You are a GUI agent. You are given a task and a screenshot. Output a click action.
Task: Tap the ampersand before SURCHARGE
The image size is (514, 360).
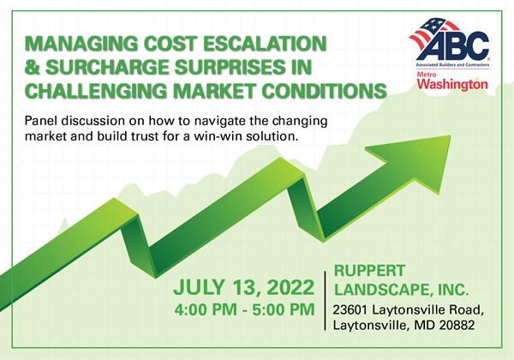click(x=33, y=67)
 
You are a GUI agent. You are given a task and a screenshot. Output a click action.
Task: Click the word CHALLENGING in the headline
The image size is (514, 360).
click(x=96, y=90)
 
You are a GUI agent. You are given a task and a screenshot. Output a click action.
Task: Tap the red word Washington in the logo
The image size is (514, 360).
click(x=452, y=84)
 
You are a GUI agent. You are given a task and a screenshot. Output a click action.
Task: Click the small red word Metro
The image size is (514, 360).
click(x=426, y=75)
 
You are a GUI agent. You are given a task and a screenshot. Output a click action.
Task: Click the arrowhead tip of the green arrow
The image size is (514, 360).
click(x=451, y=135)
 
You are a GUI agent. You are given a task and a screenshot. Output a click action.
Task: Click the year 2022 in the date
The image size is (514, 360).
click(x=290, y=287)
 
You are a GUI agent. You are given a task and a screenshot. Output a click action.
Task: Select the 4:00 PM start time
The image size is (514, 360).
click(x=206, y=309)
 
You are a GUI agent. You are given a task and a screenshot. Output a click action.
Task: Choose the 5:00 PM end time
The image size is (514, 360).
click(x=284, y=309)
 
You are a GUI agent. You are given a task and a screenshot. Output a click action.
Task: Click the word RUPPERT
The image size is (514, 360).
click(x=369, y=271)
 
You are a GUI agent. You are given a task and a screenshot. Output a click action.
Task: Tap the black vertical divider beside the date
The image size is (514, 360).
click(x=325, y=301)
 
